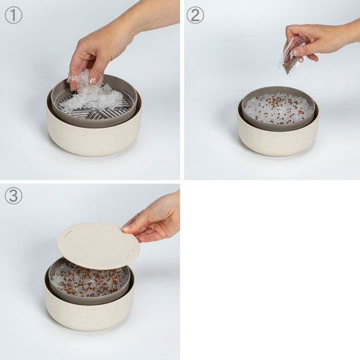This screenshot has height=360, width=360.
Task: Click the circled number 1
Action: click(x=14, y=15)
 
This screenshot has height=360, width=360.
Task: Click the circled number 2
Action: click(x=195, y=15)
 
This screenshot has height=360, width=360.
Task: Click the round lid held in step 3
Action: click(x=98, y=245)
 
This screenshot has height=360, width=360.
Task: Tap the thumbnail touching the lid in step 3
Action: click(x=125, y=228)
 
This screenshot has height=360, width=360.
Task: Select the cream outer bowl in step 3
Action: click(x=89, y=310)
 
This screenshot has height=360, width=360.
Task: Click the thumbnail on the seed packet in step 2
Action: click(x=297, y=52)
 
